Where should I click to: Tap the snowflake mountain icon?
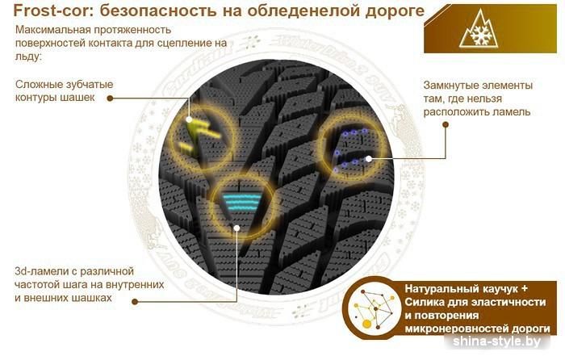pos(479,30)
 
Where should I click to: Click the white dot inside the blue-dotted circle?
pos(369,158)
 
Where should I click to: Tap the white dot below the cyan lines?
pos(236,228)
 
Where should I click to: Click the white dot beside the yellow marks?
pos(189,119)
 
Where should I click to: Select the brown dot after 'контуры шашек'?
pos(110,98)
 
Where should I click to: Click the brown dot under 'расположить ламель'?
pos(446,124)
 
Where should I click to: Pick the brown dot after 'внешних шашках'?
pos(135,302)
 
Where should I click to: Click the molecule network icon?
pos(374,308)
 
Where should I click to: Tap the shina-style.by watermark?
pos(496,341)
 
